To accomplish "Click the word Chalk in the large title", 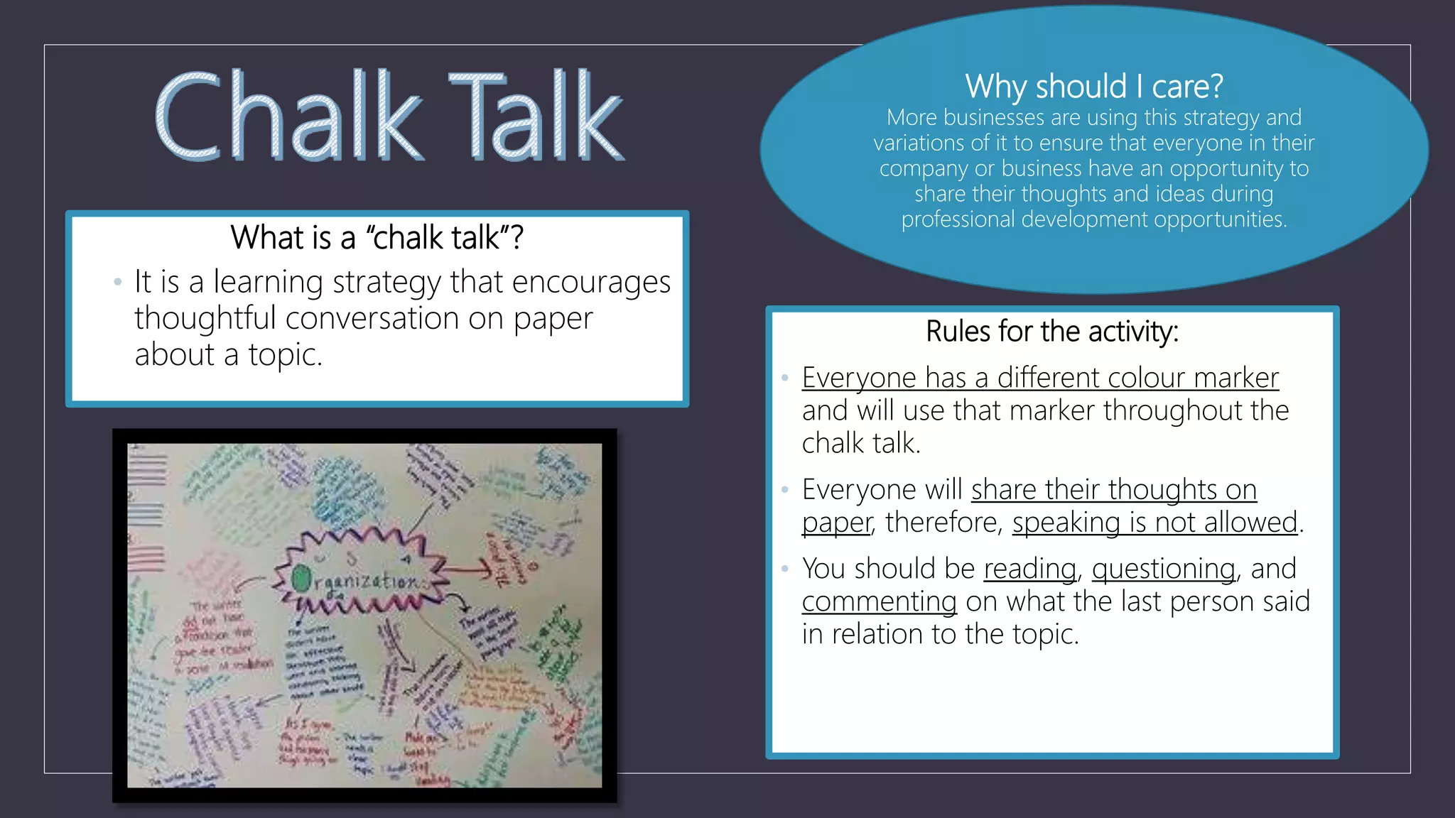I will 288,116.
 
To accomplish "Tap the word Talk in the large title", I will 536,116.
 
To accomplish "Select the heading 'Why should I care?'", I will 1093,87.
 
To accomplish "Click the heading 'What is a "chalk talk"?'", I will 377,237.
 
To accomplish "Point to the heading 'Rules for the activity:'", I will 1052,332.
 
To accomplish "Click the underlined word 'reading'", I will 1029,569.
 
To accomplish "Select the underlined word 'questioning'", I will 1163,569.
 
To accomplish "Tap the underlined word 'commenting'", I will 879,601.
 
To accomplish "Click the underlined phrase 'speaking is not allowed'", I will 1155,523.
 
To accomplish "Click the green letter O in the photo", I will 302,578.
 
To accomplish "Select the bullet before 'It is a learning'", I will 117,283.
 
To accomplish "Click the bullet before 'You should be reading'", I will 784,569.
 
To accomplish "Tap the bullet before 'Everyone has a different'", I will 784,378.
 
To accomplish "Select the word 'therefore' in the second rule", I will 943,523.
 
